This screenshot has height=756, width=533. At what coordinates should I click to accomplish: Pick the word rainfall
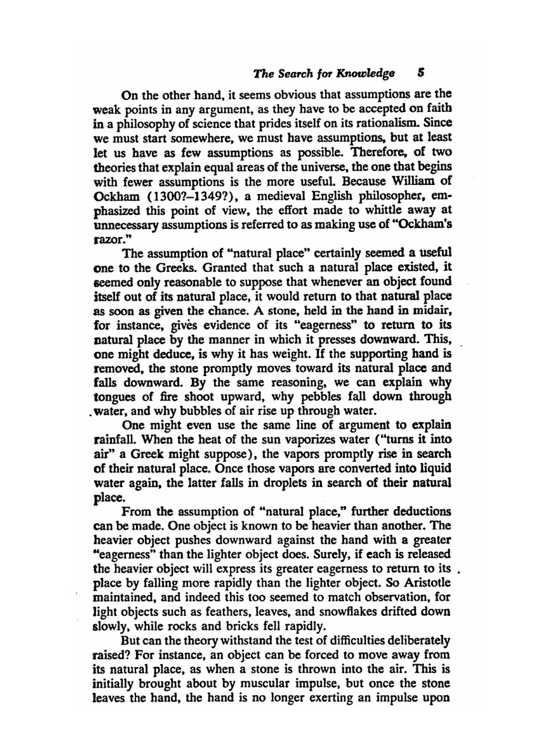click(115, 440)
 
